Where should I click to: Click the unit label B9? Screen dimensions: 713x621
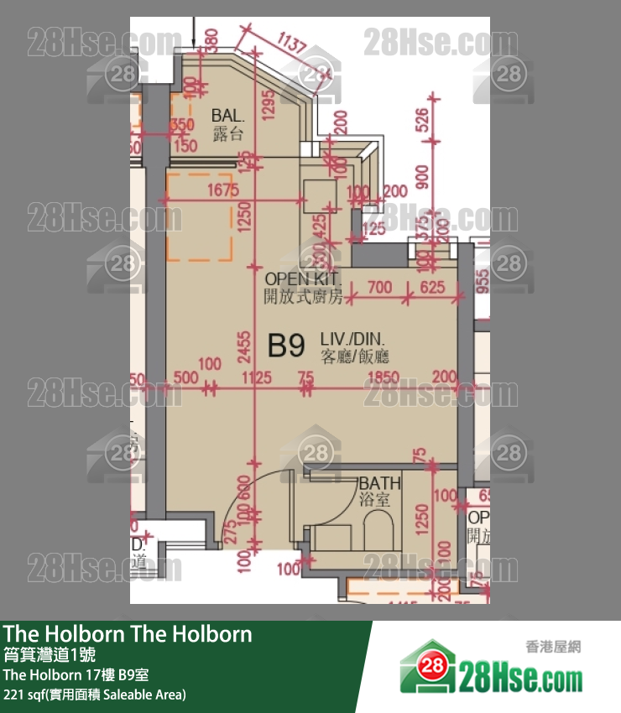coord(285,345)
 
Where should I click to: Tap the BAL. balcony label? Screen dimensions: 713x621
coord(227,115)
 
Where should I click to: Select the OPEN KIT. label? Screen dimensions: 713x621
coord(301,278)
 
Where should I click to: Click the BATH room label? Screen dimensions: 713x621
coord(379,484)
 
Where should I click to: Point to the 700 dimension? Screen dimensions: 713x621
coord(380,288)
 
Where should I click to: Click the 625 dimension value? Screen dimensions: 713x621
coord(432,288)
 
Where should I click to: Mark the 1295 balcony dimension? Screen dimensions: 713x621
coord(269,106)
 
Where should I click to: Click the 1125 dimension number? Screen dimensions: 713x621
coord(257,379)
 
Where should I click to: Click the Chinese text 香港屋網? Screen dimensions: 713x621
coord(553,647)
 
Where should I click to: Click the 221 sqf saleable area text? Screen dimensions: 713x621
coord(95,695)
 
